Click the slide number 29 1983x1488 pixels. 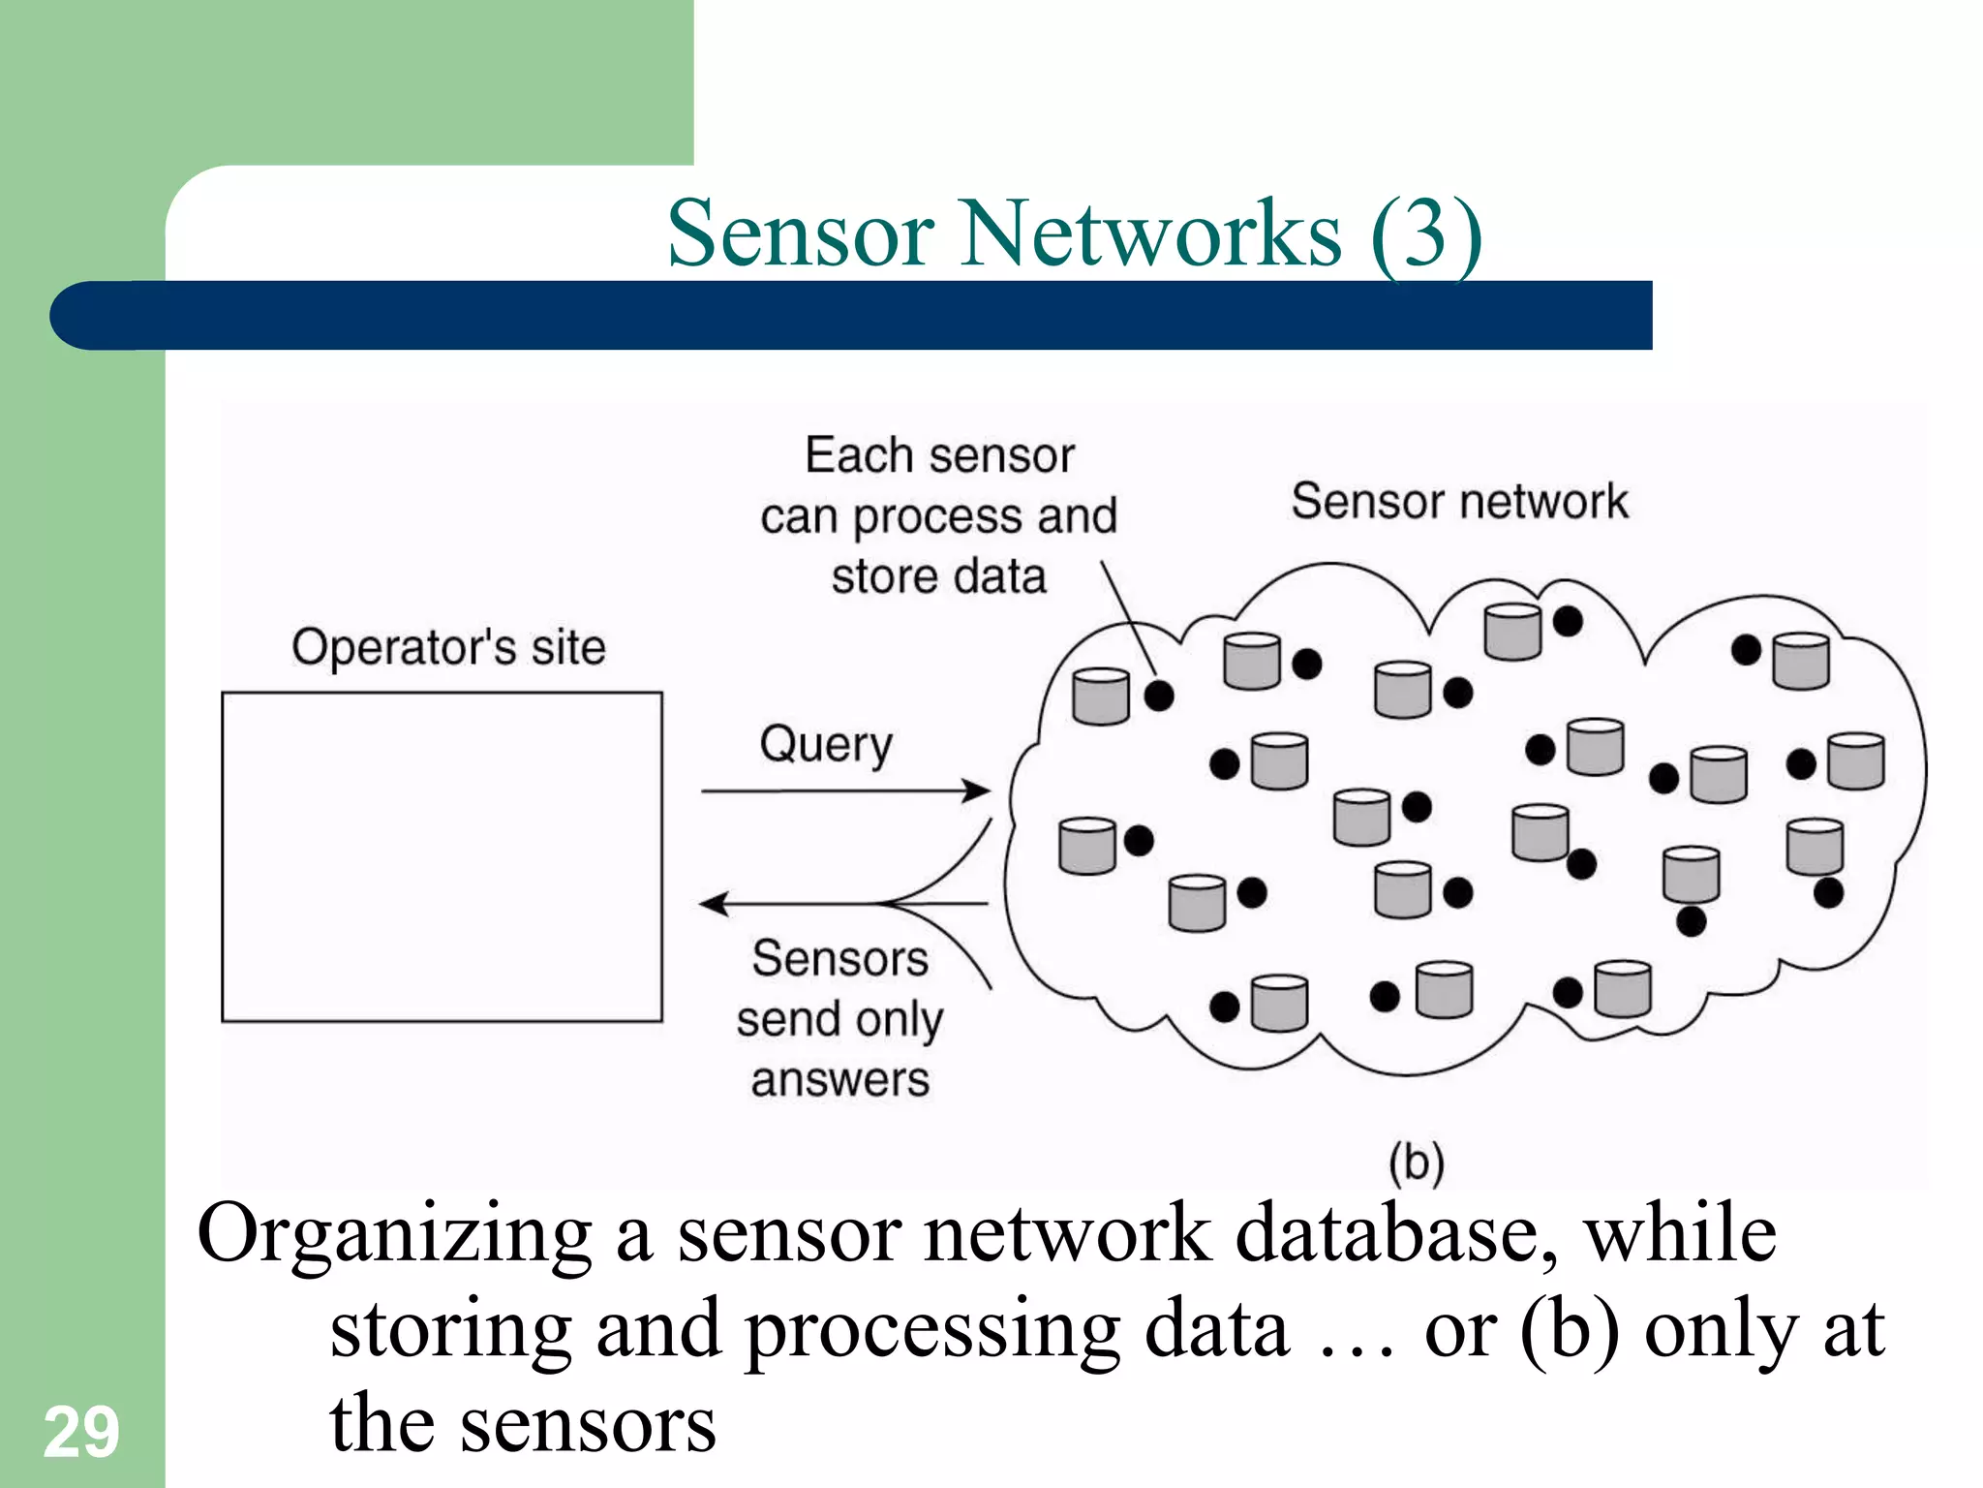pyautogui.click(x=81, y=1432)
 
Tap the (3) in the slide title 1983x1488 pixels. pyautogui.click(x=1425, y=233)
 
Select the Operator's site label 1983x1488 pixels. pyautogui.click(x=448, y=647)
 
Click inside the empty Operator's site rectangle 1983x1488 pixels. pyautogui.click(x=442, y=856)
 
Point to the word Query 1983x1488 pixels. pyautogui.click(x=826, y=746)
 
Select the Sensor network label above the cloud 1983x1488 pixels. pyautogui.click(x=1459, y=502)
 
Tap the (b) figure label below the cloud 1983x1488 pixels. pyautogui.click(x=1416, y=1162)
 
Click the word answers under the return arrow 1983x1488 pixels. pyautogui.click(x=839, y=1079)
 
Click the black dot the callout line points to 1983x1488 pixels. pyautogui.click(x=1159, y=694)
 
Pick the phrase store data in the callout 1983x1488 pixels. pyautogui.click(x=938, y=576)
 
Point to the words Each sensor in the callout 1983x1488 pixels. pyautogui.click(x=939, y=455)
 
